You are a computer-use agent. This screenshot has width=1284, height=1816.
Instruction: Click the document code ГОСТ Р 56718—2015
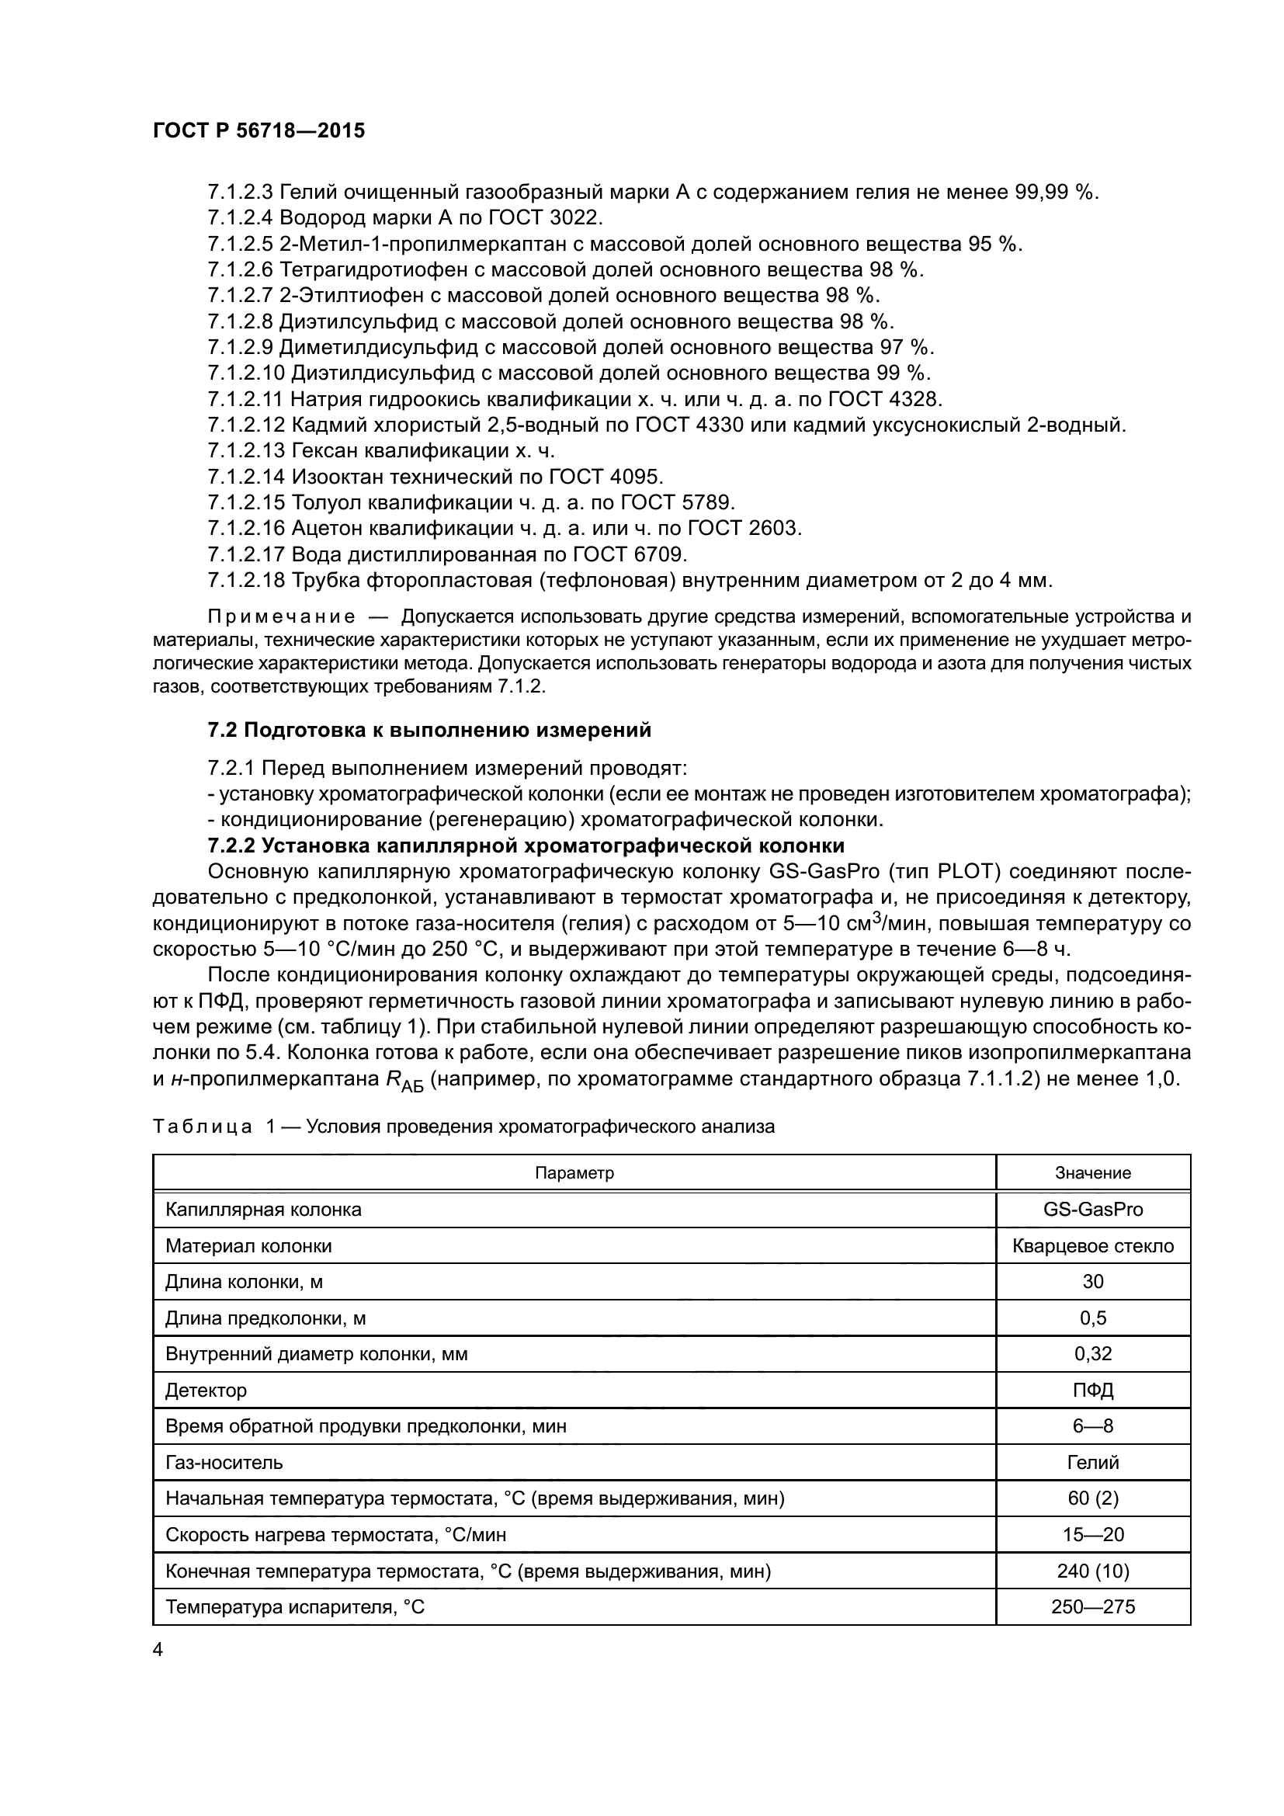[x=259, y=130]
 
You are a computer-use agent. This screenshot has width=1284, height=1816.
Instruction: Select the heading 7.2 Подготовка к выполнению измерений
[x=429, y=730]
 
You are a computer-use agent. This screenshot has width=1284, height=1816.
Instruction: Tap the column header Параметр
[x=574, y=1173]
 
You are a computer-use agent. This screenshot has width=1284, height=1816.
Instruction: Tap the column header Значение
[x=1093, y=1173]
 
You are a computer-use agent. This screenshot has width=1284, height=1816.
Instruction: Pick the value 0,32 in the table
[x=1093, y=1353]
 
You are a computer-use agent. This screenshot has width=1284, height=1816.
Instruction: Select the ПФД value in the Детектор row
[x=1093, y=1390]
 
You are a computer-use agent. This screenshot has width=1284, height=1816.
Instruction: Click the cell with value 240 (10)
[x=1093, y=1571]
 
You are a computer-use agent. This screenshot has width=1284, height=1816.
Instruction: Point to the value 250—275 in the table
[x=1093, y=1606]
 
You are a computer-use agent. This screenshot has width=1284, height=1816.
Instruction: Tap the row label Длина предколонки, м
[x=265, y=1318]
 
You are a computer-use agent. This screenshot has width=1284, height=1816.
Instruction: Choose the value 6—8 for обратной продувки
[x=1093, y=1426]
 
